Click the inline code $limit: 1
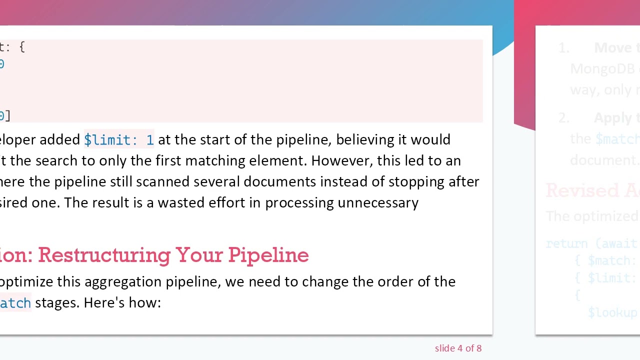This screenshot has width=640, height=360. click(119, 140)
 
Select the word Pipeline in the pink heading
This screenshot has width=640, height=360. click(268, 255)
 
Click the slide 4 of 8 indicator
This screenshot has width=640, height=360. click(458, 348)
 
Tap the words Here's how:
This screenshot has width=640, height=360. click(122, 302)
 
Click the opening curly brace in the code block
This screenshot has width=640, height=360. click(22, 47)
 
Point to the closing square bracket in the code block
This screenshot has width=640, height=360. click(7, 116)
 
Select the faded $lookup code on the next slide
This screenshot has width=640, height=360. click(612, 312)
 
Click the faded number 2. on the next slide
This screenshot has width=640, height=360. click(564, 118)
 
